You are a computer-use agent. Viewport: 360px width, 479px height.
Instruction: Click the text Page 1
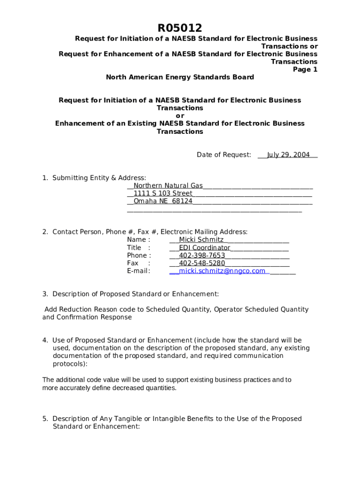(x=305, y=69)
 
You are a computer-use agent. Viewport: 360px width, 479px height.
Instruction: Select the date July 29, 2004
(x=288, y=155)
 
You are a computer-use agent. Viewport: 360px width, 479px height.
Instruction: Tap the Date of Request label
(x=223, y=155)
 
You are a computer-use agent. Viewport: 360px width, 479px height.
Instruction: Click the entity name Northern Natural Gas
(x=168, y=186)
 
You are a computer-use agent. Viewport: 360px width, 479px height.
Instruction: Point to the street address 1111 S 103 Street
(x=163, y=193)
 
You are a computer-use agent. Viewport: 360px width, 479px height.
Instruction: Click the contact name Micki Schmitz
(x=201, y=240)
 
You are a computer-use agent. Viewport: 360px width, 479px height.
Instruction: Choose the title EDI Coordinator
(x=204, y=247)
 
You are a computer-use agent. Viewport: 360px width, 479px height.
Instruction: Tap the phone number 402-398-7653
(x=202, y=255)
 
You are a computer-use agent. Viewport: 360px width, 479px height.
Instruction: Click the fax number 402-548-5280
(x=202, y=263)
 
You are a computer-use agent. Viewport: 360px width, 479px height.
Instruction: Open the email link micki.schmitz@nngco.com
(x=222, y=271)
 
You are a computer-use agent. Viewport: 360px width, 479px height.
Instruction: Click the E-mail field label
(x=138, y=271)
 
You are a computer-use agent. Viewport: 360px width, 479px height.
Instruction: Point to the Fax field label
(x=133, y=263)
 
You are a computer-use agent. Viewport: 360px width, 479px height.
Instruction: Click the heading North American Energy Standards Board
(x=180, y=77)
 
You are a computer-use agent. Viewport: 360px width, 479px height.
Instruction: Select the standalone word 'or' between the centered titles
(x=180, y=116)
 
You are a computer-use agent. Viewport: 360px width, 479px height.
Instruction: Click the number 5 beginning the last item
(x=45, y=419)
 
